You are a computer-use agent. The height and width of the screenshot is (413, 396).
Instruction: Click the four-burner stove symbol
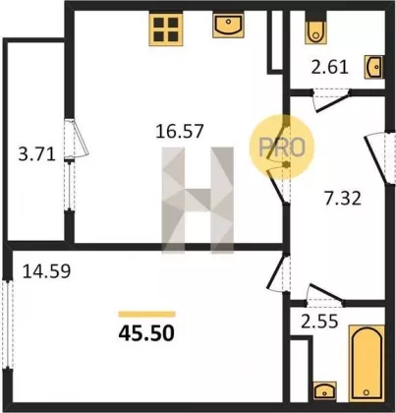click(166, 29)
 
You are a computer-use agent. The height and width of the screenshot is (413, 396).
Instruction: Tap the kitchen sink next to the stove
click(228, 25)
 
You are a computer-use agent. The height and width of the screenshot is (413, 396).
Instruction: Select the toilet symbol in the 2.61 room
click(315, 29)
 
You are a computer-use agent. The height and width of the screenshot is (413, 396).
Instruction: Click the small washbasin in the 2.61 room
click(373, 67)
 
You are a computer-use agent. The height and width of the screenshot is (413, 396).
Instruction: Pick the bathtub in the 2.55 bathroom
click(367, 363)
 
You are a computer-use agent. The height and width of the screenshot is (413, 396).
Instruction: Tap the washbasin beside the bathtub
click(324, 391)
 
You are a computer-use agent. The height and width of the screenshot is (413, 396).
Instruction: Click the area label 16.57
click(180, 131)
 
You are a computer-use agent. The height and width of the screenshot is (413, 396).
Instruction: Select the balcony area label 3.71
click(36, 154)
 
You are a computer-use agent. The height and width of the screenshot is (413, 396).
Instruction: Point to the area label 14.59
click(46, 271)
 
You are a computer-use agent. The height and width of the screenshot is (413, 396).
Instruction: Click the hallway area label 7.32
click(343, 199)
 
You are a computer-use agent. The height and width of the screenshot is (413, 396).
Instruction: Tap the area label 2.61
click(329, 67)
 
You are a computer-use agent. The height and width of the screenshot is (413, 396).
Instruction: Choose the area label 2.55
click(319, 322)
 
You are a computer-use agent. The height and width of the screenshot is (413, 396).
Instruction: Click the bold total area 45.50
click(146, 333)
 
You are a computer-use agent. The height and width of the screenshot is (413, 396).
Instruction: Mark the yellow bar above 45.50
click(146, 315)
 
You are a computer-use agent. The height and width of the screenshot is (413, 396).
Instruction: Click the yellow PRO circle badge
click(282, 147)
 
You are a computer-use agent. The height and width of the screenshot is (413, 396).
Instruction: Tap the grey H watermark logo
click(198, 201)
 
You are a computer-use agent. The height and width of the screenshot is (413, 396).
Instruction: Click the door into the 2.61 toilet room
click(330, 99)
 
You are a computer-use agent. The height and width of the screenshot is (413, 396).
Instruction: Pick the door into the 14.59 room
click(278, 273)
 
